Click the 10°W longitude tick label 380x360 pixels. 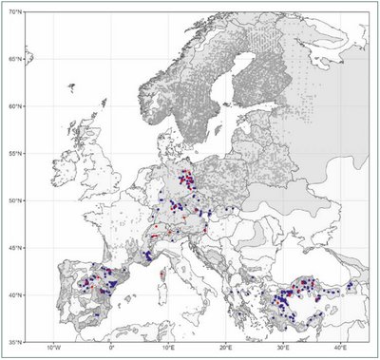54,350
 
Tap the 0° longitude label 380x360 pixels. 112,350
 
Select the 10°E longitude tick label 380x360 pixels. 169,350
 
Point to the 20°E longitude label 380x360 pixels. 226,350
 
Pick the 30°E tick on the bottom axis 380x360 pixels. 283,350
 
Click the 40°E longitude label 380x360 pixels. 340,350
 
